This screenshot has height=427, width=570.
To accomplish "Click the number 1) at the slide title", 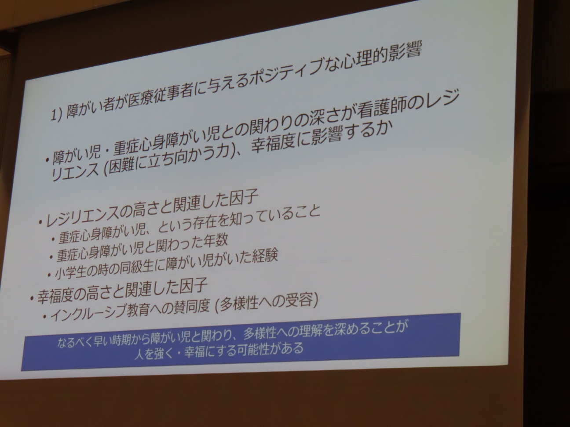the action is coord(56,116).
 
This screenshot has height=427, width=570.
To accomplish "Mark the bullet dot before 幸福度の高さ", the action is coord(32,298).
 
